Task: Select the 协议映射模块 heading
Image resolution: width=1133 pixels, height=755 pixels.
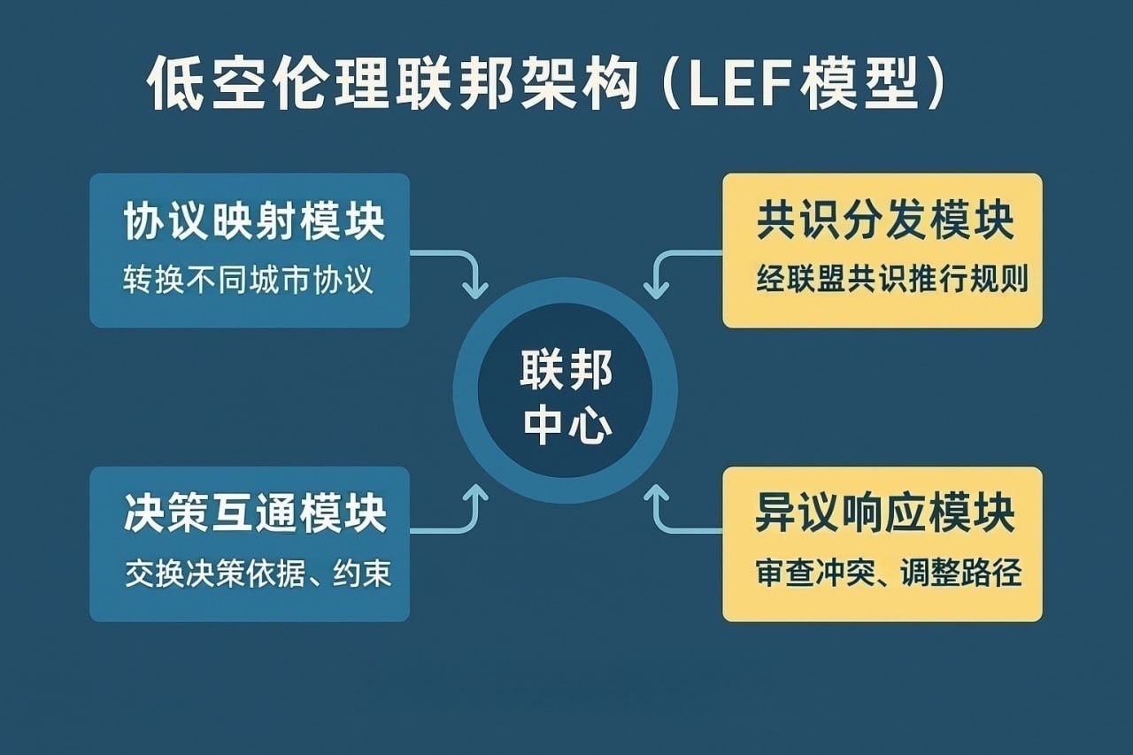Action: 255,221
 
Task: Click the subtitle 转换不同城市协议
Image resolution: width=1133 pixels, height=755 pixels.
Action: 249,281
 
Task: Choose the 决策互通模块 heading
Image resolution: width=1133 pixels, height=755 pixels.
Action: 255,515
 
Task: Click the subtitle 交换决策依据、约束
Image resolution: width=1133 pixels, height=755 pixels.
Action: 258,575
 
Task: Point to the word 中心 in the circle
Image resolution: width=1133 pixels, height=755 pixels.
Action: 566,426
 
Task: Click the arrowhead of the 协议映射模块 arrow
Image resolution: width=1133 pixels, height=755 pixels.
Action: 476,289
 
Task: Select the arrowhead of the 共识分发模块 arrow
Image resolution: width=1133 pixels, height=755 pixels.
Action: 656,289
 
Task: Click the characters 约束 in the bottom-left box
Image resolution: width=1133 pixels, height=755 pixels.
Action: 362,575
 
